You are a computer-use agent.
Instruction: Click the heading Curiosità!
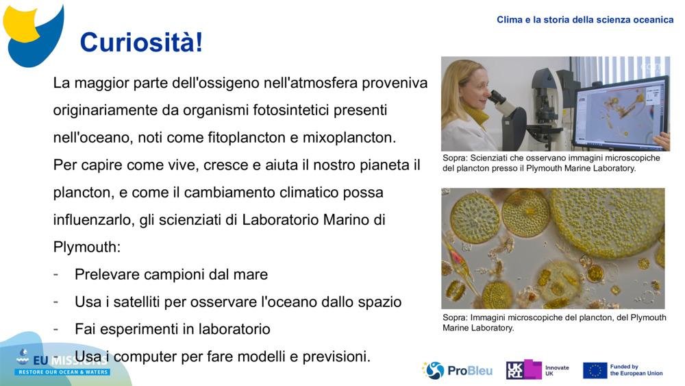tap(141, 43)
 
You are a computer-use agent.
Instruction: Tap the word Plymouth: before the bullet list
tap(86, 247)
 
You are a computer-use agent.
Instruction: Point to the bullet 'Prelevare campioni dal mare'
tap(171, 274)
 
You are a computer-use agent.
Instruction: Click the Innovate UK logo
tap(537, 370)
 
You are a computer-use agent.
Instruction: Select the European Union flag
tap(595, 370)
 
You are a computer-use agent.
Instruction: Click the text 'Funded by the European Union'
tap(636, 370)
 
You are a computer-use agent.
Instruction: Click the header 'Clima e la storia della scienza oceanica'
tap(585, 20)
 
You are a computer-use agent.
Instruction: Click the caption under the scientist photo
tap(551, 162)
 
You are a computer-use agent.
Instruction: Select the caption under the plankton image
tap(553, 322)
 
